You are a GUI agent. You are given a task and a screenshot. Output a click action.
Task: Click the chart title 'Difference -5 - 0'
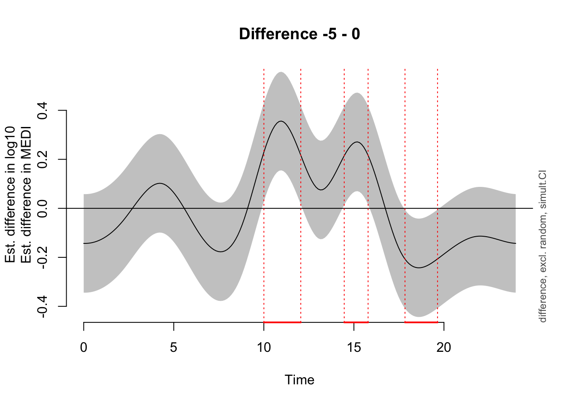click(300, 34)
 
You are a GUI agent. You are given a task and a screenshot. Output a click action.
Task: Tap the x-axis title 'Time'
click(300, 380)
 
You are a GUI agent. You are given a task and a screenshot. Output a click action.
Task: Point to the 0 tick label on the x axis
click(84, 348)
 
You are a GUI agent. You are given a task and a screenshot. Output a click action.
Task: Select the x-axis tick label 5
click(174, 348)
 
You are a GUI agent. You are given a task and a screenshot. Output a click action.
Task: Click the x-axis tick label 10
click(264, 348)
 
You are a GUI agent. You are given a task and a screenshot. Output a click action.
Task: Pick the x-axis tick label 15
click(354, 348)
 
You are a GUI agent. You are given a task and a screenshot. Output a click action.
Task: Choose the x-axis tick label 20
click(444, 348)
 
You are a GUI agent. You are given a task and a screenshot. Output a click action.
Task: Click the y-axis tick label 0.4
click(43, 111)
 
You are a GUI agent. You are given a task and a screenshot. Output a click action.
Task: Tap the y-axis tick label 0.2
click(43, 159)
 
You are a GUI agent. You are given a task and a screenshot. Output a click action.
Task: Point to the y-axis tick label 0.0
click(43, 208)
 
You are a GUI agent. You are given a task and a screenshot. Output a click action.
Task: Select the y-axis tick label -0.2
click(43, 257)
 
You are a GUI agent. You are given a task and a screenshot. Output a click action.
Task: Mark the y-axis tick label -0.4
click(43, 306)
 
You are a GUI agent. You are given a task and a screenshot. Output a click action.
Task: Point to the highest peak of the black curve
click(281, 121)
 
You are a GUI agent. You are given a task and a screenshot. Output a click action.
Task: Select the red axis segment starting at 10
click(282, 322)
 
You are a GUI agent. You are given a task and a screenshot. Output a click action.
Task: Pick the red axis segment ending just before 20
click(421, 322)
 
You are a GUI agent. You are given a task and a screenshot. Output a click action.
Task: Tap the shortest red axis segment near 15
click(356, 322)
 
